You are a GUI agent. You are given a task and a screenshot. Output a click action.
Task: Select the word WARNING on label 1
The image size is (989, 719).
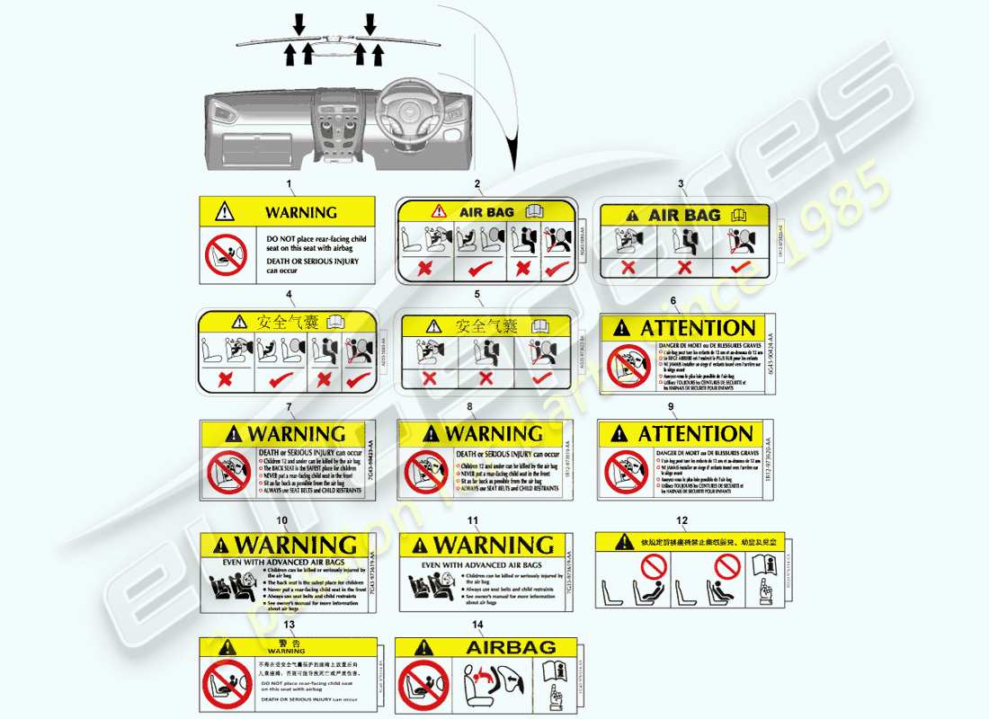click(301, 213)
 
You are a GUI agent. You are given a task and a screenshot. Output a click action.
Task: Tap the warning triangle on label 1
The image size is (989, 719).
click(225, 212)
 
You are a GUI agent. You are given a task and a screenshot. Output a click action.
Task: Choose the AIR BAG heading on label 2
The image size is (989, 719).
click(486, 212)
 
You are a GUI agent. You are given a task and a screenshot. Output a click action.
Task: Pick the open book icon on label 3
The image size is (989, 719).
click(739, 215)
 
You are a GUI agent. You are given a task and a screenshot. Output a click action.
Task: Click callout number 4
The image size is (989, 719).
click(289, 294)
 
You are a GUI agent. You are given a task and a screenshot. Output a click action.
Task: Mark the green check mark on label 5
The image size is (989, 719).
click(541, 377)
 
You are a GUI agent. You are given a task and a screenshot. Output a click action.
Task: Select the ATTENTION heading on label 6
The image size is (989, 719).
click(698, 328)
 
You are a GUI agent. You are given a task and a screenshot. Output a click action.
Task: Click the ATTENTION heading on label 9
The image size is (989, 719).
click(695, 433)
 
